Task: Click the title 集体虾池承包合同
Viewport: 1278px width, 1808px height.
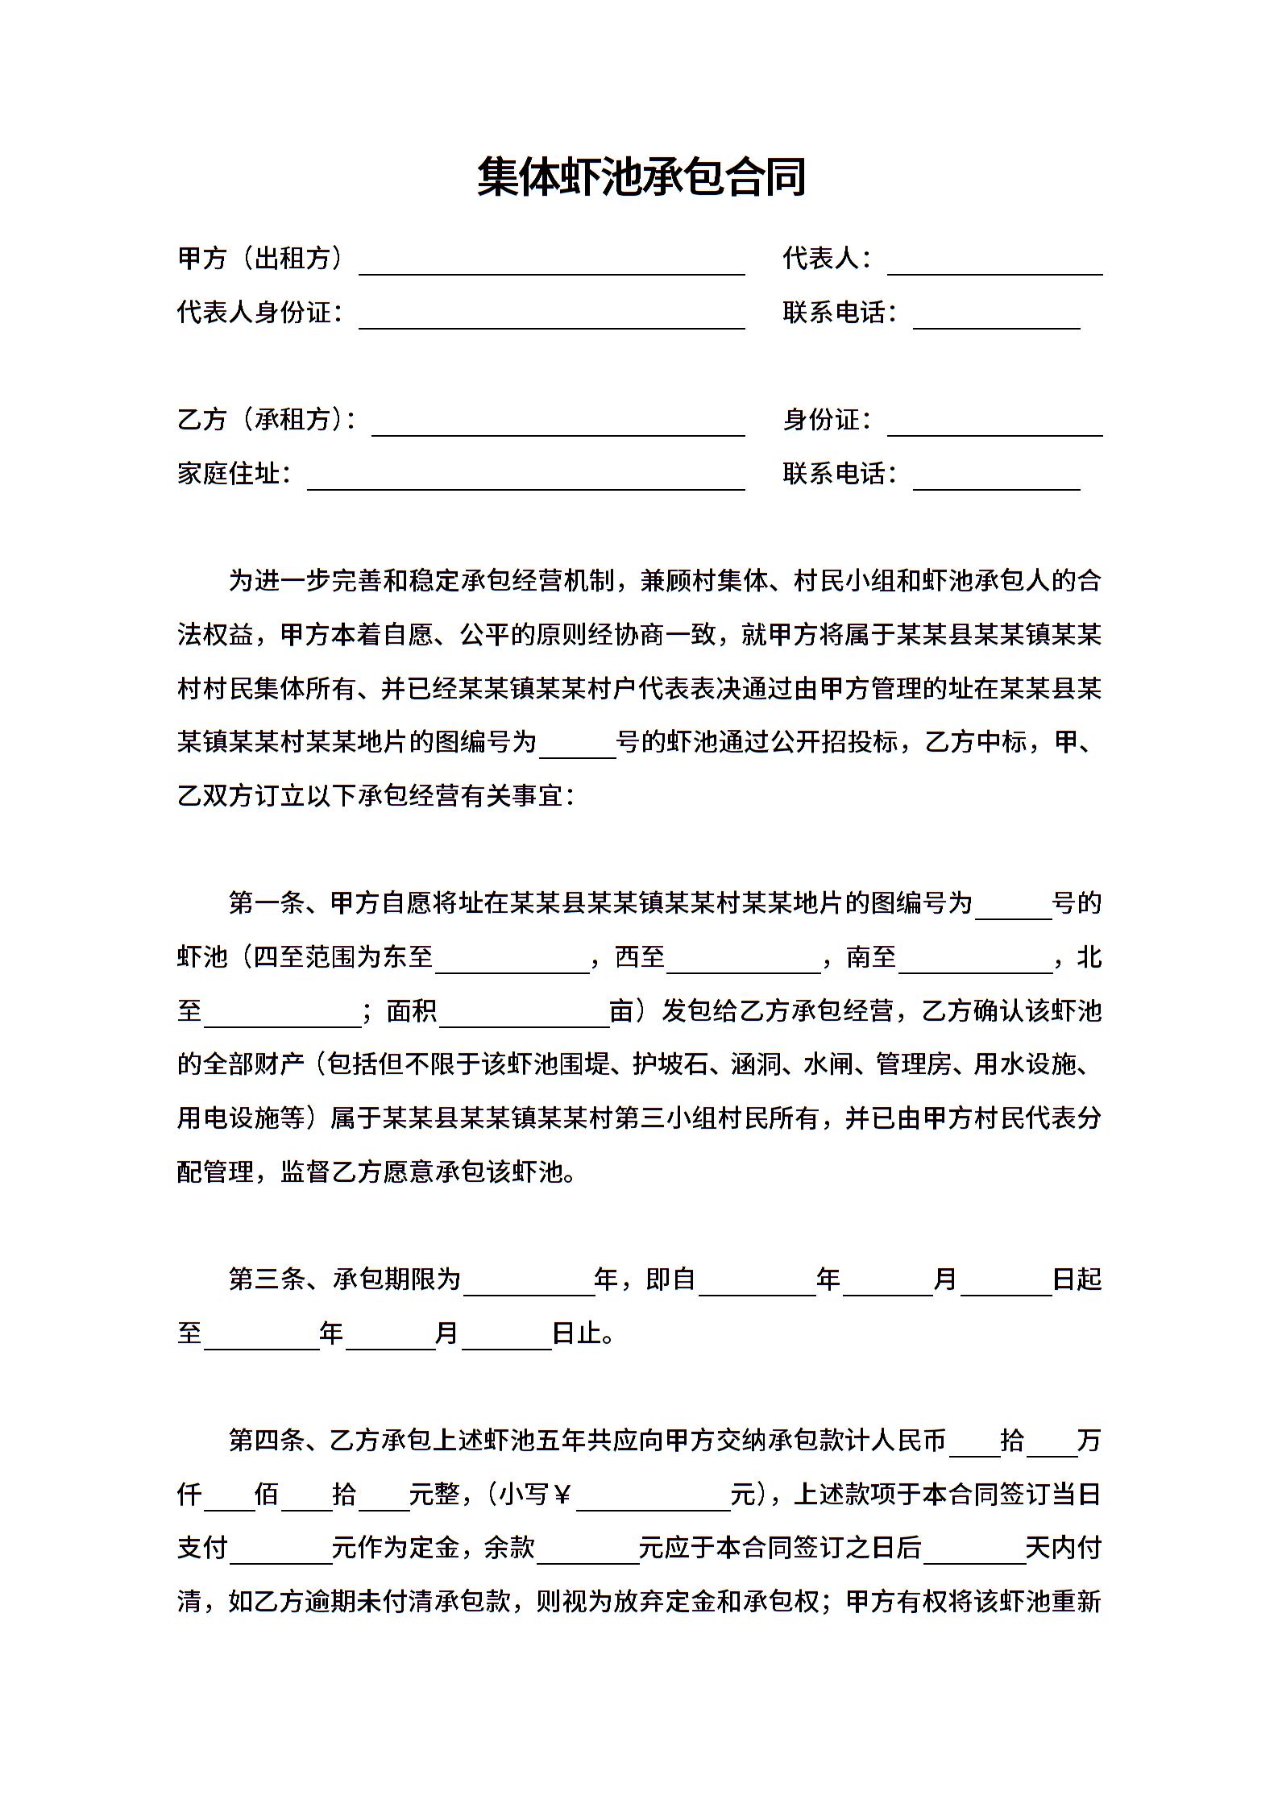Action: coord(641,177)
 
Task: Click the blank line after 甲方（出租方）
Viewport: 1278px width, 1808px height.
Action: coord(551,264)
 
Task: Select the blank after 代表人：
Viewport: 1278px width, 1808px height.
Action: coord(994,264)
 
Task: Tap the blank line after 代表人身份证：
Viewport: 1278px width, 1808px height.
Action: coord(551,318)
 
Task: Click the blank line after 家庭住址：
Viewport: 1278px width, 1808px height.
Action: coord(525,479)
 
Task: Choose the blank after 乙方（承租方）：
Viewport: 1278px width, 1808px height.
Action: coord(558,425)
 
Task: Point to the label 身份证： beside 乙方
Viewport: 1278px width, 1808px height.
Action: coord(827,420)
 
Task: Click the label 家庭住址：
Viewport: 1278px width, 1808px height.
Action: coord(234,474)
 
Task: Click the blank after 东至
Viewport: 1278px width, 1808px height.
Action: coord(512,963)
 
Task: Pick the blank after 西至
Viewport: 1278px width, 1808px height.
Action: coord(743,963)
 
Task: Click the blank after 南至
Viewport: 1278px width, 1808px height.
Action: coord(975,963)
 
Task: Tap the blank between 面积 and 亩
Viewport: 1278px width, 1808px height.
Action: coord(524,1016)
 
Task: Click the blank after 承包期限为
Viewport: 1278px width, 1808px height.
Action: coord(529,1285)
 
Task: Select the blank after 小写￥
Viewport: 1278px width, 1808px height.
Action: coord(653,1500)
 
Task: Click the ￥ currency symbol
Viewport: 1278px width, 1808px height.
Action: coord(562,1495)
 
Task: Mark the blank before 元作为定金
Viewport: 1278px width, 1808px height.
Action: coord(280,1553)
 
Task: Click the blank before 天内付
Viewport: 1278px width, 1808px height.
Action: coord(973,1553)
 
